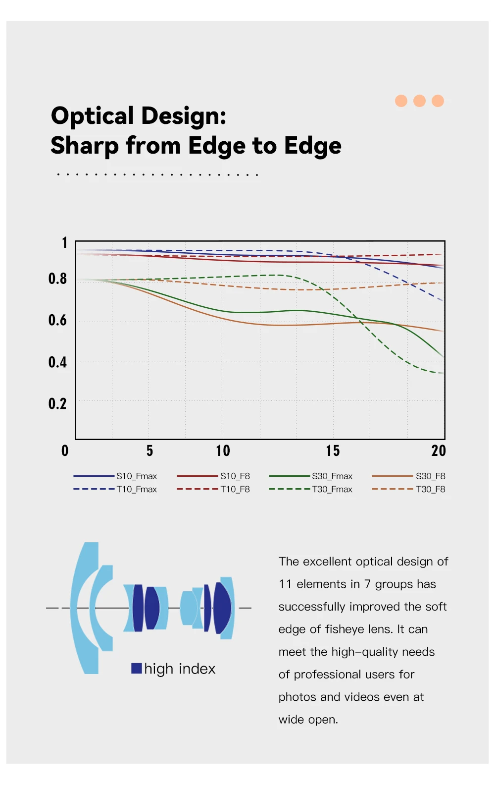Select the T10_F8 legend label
pos(235,490)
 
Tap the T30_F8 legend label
pos(430,490)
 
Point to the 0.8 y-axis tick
pos(57,279)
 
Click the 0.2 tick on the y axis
pos(57,404)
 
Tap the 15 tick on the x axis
pos(333,451)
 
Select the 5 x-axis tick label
pos(149,451)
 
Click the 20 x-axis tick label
pos(439,451)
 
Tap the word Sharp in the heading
pos(85,146)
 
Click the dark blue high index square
pos(137,668)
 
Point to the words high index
pos(180,669)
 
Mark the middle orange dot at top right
pos(419,101)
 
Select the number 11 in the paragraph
pos(285,584)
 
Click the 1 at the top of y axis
pos(64,243)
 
